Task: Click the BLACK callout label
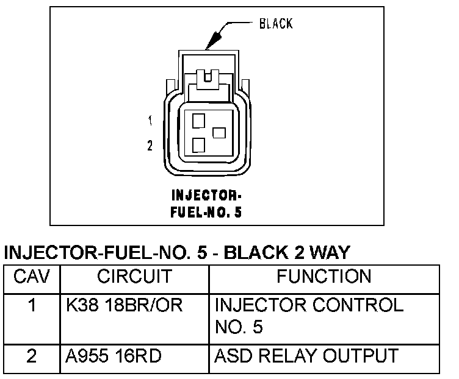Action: [276, 24]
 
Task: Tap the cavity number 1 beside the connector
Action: [150, 121]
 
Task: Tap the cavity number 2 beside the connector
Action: [150, 146]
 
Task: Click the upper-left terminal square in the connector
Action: [198, 121]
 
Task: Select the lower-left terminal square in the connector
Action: [198, 145]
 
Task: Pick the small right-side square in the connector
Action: [219, 132]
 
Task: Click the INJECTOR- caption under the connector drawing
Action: [206, 196]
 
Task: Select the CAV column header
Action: [31, 277]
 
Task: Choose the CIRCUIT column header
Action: [134, 277]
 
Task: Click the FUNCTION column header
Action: [323, 277]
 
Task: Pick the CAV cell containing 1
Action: [31, 305]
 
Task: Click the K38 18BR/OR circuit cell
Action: [125, 305]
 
